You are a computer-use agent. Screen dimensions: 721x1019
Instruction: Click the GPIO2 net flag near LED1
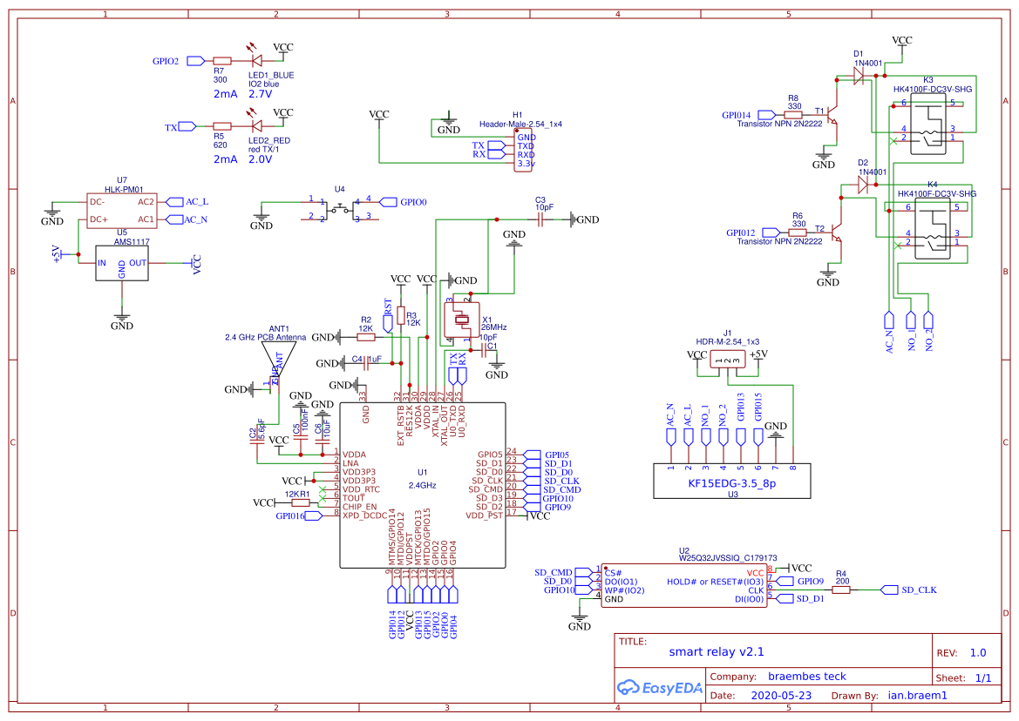[194, 61]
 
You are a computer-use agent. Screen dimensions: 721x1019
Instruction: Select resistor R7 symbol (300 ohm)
[221, 61]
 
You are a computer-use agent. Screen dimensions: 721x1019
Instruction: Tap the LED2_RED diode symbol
[256, 127]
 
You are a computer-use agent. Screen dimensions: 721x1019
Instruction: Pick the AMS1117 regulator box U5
[122, 262]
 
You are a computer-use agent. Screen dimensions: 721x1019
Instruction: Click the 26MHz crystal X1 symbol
[463, 319]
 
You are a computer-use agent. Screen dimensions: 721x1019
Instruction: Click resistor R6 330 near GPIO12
[798, 232]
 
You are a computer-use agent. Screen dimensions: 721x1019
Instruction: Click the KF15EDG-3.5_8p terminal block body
[731, 481]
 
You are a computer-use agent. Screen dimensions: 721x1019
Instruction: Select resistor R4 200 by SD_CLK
[840, 590]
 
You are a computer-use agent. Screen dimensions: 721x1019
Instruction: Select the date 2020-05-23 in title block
[781, 696]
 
